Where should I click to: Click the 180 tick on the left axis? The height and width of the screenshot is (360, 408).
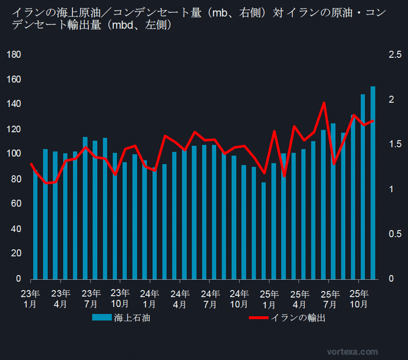pyautogui.click(x=13, y=55)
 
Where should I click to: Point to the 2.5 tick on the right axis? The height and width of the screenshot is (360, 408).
pyautogui.click(x=395, y=55)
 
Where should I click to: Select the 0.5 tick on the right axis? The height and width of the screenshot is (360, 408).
pyautogui.click(x=395, y=234)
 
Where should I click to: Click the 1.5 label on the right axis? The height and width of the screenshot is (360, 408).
pyautogui.click(x=395, y=144)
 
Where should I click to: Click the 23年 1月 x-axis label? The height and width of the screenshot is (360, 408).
pyautogui.click(x=31, y=298)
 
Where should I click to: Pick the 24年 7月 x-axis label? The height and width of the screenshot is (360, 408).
pyautogui.click(x=210, y=298)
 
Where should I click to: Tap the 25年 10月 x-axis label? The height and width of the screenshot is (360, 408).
pyautogui.click(x=360, y=298)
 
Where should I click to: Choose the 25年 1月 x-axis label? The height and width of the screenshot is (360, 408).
pyautogui.click(x=270, y=298)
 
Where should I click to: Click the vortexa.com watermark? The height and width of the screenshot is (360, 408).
pyautogui.click(x=352, y=352)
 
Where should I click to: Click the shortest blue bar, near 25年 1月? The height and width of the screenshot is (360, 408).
pyautogui.click(x=263, y=230)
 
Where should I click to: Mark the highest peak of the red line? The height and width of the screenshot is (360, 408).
pyautogui.click(x=324, y=103)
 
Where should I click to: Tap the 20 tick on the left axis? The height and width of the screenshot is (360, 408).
pyautogui.click(x=16, y=254)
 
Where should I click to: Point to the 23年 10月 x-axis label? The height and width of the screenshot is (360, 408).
pyautogui.click(x=120, y=298)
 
